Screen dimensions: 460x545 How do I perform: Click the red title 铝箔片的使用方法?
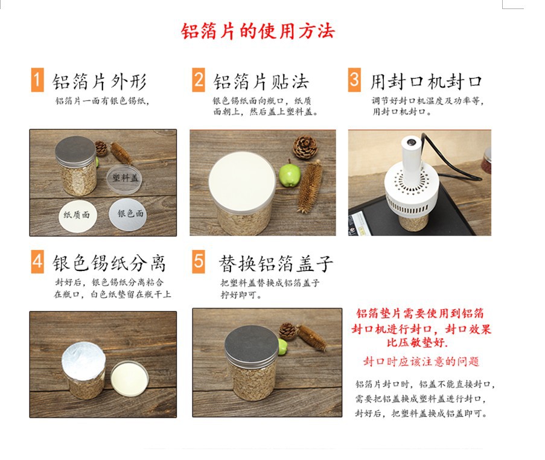coord(258,31)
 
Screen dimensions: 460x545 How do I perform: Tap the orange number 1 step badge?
coord(37,80)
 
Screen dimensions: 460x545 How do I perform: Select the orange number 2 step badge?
coord(199,80)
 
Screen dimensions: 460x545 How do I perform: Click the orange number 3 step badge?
coord(354,80)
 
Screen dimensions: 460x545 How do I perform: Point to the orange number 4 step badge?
coord(37,262)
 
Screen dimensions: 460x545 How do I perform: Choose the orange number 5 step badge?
coord(199,262)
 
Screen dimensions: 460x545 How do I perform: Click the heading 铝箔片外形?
coord(100,81)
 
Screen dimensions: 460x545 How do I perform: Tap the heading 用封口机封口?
coord(426,81)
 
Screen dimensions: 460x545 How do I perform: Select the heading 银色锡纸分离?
coord(109,263)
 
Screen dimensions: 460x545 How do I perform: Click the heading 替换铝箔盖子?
coord(276,263)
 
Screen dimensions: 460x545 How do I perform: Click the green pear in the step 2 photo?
coord(290,174)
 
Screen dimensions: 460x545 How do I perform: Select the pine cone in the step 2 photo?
coord(305,147)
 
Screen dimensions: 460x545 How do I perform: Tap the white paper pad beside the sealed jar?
coord(130,378)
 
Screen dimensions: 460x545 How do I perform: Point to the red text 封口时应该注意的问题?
coord(421,361)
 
